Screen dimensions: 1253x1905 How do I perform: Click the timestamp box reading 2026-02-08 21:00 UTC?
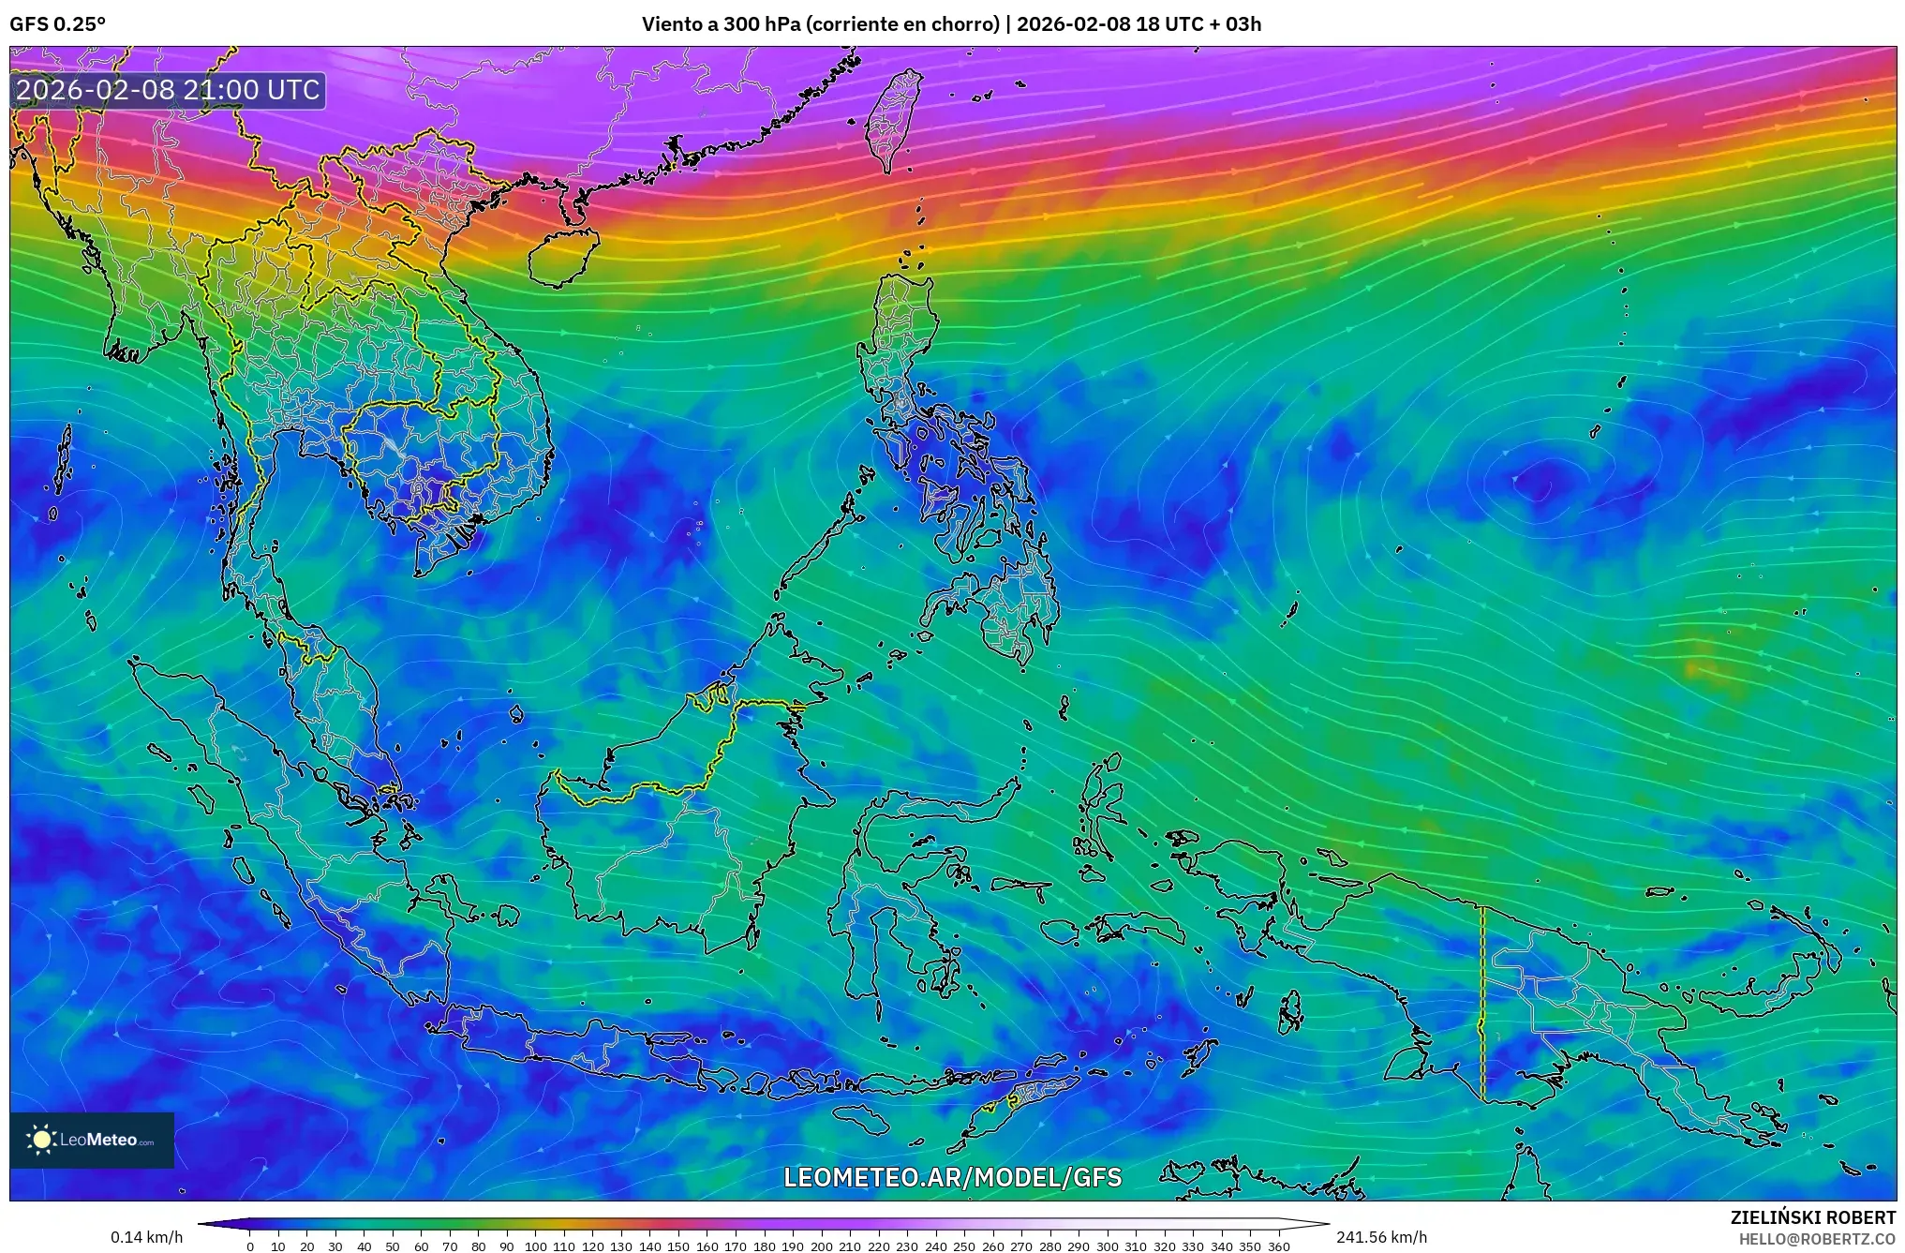pyautogui.click(x=169, y=90)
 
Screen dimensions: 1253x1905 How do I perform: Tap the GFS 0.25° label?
pyautogui.click(x=58, y=24)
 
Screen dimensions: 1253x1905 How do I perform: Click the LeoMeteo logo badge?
pyautogui.click(x=92, y=1140)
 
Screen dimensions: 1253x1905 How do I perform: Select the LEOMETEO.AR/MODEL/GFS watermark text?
pyautogui.click(x=952, y=1177)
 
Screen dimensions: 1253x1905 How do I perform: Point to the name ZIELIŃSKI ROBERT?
pyautogui.click(x=1812, y=1217)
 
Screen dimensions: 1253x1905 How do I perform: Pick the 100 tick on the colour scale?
pyautogui.click(x=535, y=1246)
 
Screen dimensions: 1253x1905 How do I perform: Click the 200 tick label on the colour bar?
pyautogui.click(x=821, y=1246)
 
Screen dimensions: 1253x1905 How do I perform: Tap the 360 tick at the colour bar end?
pyautogui.click(x=1278, y=1246)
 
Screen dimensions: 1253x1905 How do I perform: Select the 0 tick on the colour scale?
pyautogui.click(x=250, y=1246)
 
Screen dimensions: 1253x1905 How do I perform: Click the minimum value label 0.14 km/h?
pyautogui.click(x=146, y=1237)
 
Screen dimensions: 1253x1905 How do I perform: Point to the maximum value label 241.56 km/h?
pyautogui.click(x=1381, y=1237)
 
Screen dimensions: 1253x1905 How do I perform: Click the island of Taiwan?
pyautogui.click(x=893, y=117)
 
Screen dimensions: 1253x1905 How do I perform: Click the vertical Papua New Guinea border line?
pyautogui.click(x=1482, y=1003)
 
